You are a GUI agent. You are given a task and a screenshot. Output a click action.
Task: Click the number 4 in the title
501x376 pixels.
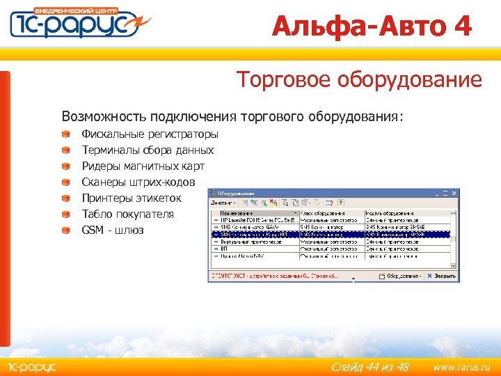click(x=461, y=26)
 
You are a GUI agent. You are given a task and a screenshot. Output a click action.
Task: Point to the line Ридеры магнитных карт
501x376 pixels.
click(x=143, y=166)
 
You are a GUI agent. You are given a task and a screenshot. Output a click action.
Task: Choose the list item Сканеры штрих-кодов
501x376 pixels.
click(x=138, y=182)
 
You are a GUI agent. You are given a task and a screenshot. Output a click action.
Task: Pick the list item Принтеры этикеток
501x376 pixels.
click(x=132, y=198)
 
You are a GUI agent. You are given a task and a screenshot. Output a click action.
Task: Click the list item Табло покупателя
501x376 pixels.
click(x=127, y=214)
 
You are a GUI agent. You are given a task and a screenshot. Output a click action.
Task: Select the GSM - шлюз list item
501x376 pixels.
click(x=112, y=230)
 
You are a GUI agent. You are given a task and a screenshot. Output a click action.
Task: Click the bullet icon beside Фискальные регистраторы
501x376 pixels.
click(x=65, y=134)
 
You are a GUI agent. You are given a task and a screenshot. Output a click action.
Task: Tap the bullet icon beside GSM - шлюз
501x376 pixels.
click(x=65, y=230)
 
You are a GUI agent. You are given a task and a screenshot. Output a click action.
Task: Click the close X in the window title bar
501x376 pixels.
click(x=453, y=192)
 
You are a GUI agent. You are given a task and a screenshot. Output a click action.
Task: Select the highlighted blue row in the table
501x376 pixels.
click(x=330, y=235)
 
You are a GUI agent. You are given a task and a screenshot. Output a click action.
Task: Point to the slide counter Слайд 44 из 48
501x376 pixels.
click(x=369, y=367)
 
